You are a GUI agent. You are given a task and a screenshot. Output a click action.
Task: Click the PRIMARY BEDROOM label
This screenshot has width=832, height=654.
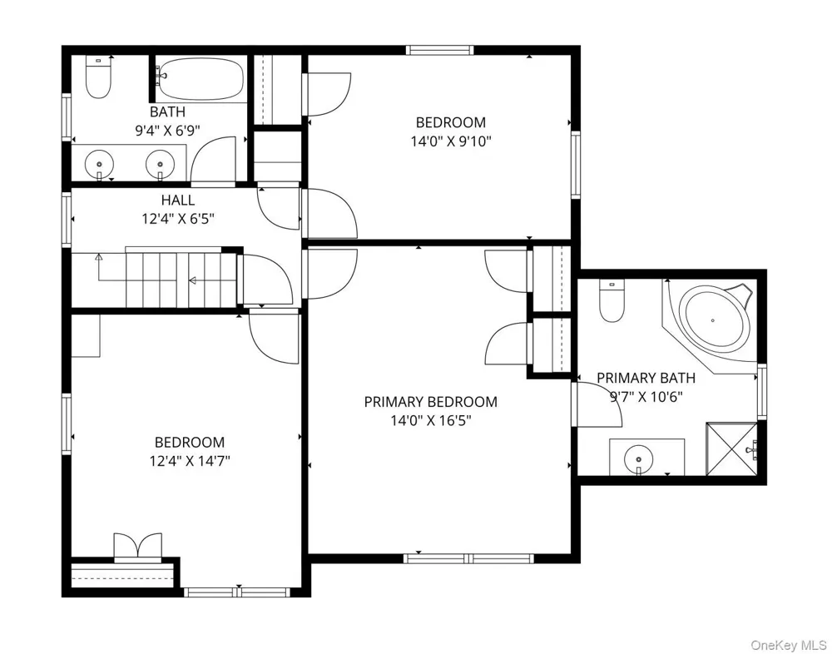430,402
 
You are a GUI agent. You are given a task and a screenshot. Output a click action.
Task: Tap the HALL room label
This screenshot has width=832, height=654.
178,201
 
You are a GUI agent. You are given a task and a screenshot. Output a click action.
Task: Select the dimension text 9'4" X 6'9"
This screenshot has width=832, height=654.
167,131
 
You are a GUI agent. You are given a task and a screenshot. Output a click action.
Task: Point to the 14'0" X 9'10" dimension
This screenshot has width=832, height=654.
451,141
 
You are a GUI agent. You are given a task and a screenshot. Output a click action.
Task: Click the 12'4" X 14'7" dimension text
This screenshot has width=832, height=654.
190,461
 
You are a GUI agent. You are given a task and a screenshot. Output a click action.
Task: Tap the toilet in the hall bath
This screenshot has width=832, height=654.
98,77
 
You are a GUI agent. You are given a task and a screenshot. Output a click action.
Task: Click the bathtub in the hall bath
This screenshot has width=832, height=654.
201,78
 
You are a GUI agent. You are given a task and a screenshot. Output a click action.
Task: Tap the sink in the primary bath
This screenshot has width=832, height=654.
639,458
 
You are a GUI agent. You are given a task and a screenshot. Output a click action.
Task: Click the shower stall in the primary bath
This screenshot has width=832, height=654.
731,448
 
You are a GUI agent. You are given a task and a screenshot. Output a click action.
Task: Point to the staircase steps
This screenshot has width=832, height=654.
181,280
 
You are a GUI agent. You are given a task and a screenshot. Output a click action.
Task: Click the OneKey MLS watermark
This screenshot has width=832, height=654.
789,645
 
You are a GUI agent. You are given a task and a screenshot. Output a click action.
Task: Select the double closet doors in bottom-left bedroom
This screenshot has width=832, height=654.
138,547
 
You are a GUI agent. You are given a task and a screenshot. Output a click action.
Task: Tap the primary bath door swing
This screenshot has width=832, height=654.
597,404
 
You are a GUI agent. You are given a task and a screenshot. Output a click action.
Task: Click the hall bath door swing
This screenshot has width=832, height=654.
213,159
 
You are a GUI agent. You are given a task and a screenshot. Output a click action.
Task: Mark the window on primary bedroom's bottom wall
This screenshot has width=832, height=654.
468,558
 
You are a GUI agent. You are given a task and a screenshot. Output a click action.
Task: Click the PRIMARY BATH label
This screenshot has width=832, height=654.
646,378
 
